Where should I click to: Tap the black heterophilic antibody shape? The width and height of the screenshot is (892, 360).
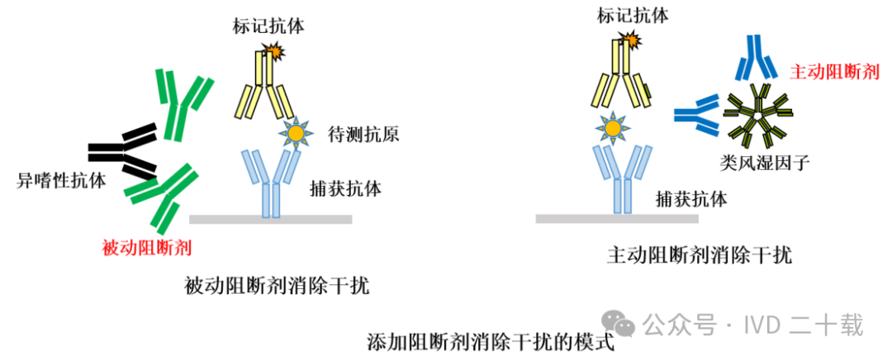(124, 151)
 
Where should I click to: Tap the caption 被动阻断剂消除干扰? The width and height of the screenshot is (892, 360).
(278, 287)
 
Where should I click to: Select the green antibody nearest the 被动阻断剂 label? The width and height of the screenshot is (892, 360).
(159, 197)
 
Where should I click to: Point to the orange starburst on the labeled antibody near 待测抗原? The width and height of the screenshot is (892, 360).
(273, 51)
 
